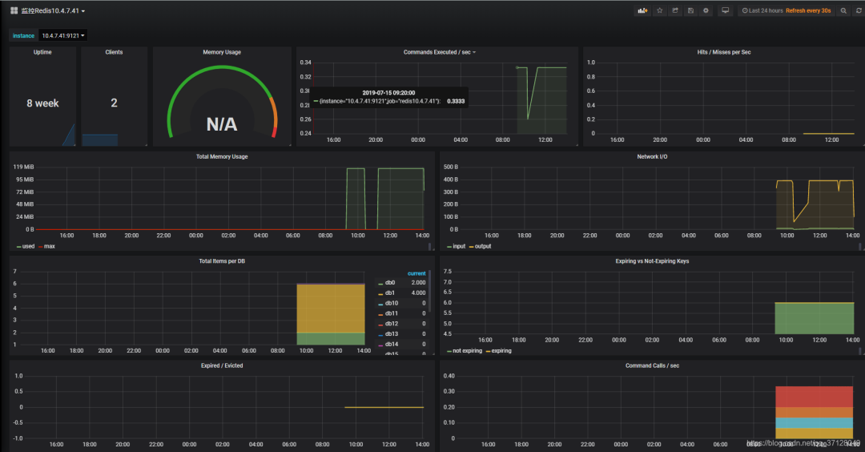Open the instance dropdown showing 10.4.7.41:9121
tap(62, 35)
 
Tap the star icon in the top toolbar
tap(659, 10)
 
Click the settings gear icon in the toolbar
tap(706, 10)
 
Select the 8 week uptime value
tap(42, 103)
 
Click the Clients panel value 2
tap(114, 103)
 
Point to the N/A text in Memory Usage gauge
tap(221, 124)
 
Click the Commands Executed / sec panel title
tap(437, 52)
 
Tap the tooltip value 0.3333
tap(455, 101)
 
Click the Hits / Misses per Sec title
tap(723, 52)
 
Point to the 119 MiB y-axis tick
tap(23, 167)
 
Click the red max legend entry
tap(49, 246)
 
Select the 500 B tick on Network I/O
tap(450, 167)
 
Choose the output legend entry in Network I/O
tap(482, 246)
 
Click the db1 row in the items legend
tap(390, 293)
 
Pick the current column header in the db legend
tap(416, 273)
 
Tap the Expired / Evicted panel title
tap(222, 365)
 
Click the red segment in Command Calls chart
tap(814, 397)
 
